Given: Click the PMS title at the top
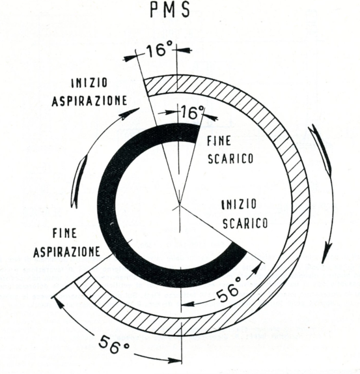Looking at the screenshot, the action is point(170,10).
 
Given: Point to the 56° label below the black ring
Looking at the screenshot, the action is point(228,292).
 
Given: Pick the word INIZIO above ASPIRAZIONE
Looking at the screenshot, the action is point(89,83).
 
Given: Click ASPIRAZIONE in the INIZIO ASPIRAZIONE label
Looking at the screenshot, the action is point(89,101).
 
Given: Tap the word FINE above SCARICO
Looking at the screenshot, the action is point(219,141).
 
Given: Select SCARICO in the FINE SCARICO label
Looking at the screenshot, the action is point(230,158).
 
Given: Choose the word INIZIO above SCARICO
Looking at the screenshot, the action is point(239,205).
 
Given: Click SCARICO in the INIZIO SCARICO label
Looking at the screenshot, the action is point(245,223).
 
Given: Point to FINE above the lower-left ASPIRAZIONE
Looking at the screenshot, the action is point(64,233).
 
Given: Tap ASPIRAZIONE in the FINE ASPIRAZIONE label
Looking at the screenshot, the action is point(66,252).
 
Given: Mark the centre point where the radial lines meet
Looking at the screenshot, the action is point(179,205).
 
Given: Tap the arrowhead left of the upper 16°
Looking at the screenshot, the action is point(131,57).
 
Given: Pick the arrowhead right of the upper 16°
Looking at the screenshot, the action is point(185,50).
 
